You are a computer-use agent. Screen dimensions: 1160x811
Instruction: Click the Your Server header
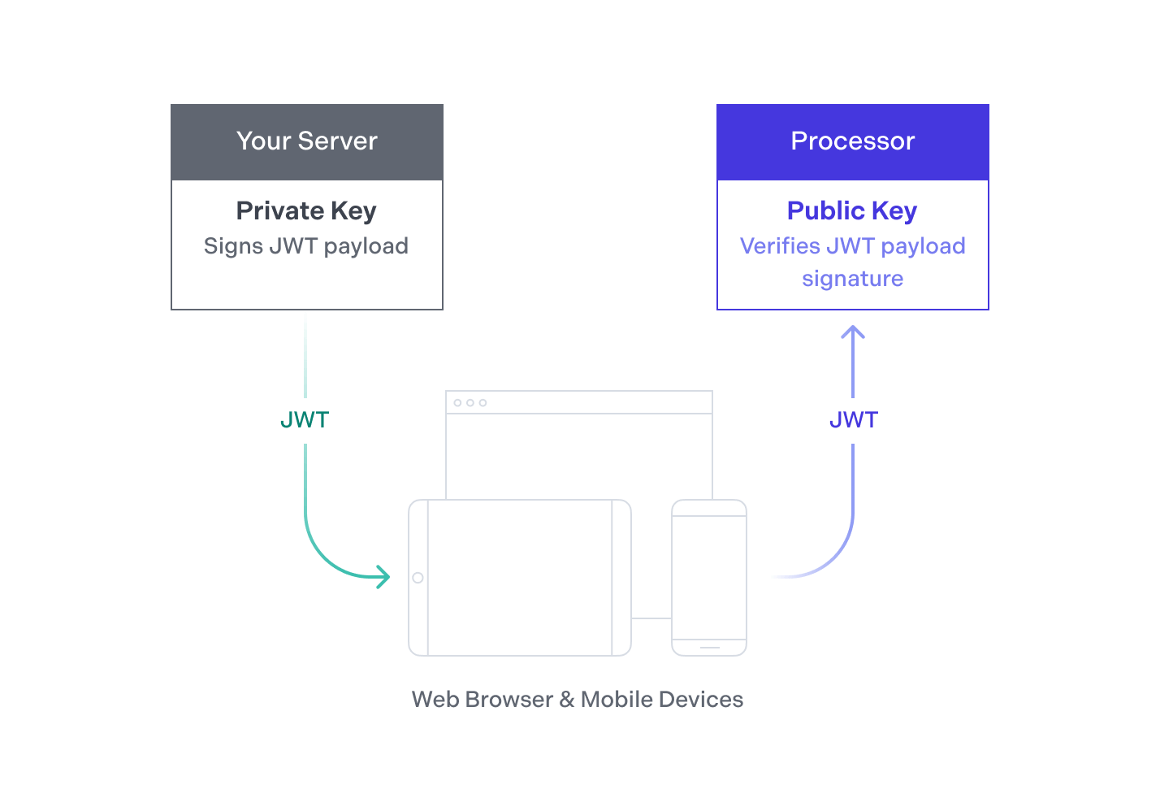click(307, 142)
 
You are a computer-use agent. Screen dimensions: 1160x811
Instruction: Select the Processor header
click(853, 142)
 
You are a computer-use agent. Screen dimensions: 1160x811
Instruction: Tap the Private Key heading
click(306, 211)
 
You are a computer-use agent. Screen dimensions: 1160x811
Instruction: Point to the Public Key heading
click(852, 211)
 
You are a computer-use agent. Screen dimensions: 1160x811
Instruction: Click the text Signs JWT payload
click(306, 246)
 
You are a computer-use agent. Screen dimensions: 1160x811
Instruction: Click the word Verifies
click(780, 245)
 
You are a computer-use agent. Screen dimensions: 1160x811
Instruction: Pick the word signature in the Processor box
click(853, 280)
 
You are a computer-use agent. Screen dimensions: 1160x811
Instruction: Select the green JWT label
click(305, 420)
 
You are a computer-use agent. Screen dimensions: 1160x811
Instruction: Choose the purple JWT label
click(854, 420)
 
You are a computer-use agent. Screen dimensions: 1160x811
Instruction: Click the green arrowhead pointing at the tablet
click(383, 577)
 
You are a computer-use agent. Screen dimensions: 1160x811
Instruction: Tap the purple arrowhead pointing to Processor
click(853, 332)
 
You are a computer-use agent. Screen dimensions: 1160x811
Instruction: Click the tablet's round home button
click(418, 578)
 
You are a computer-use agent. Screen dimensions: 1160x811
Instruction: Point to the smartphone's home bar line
click(710, 648)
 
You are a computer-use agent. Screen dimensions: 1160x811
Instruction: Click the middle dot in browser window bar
click(470, 402)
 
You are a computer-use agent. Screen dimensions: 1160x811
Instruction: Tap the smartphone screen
click(709, 578)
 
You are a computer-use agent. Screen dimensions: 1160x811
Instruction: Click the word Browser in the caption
click(509, 700)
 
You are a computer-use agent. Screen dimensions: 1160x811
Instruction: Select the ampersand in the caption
click(567, 700)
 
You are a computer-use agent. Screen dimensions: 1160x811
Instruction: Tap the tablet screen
click(520, 578)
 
